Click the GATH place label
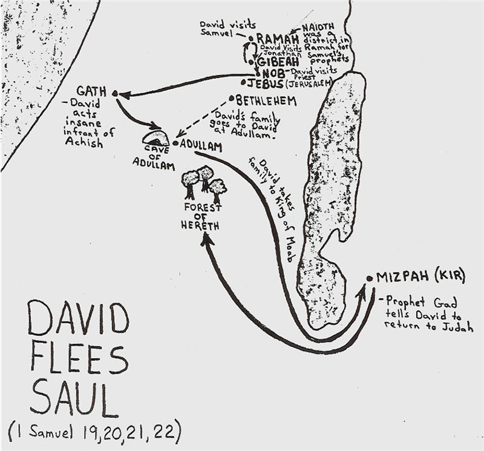[91, 91]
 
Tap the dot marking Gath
[114, 94]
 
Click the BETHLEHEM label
[266, 100]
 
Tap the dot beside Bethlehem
[231, 98]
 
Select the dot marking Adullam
[174, 144]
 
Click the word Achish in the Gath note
[87, 145]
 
